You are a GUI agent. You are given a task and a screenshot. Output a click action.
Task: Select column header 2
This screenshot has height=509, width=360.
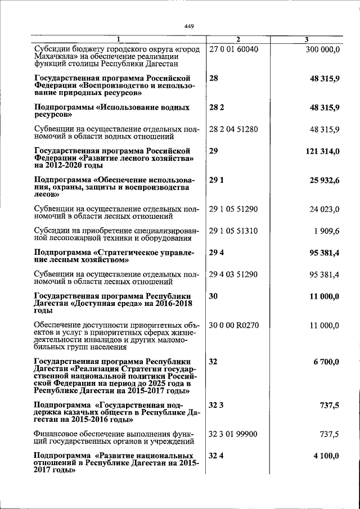click(x=238, y=39)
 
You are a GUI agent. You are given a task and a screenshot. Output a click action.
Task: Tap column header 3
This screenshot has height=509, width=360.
click(x=306, y=39)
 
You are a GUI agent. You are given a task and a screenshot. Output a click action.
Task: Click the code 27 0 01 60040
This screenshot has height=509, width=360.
click(x=233, y=49)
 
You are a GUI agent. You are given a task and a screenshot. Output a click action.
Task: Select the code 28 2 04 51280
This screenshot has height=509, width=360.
click(x=233, y=129)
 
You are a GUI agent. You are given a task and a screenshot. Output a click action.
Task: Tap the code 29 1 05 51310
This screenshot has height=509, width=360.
click(x=233, y=230)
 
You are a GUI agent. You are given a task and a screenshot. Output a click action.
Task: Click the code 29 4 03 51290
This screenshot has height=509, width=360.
click(x=233, y=274)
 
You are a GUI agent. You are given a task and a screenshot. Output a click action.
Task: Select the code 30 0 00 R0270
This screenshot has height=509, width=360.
click(x=234, y=325)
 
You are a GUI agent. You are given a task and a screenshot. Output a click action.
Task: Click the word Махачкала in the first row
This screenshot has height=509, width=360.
click(x=55, y=57)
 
